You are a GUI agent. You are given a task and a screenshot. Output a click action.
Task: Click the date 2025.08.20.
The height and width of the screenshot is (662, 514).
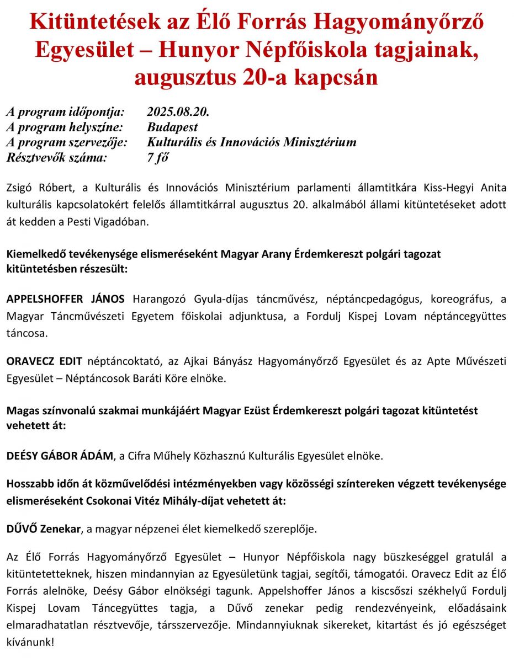coord(178,111)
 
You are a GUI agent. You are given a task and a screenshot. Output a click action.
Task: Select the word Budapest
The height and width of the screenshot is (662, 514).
coord(172,127)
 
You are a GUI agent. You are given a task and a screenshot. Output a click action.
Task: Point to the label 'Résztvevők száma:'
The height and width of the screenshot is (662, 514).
coord(57,158)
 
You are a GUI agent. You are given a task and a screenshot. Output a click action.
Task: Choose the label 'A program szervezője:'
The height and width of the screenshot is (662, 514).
coord(67,142)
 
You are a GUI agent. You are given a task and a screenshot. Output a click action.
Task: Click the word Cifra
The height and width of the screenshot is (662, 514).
coord(140,456)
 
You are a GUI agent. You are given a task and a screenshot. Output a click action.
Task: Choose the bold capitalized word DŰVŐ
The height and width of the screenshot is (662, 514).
coord(22,529)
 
